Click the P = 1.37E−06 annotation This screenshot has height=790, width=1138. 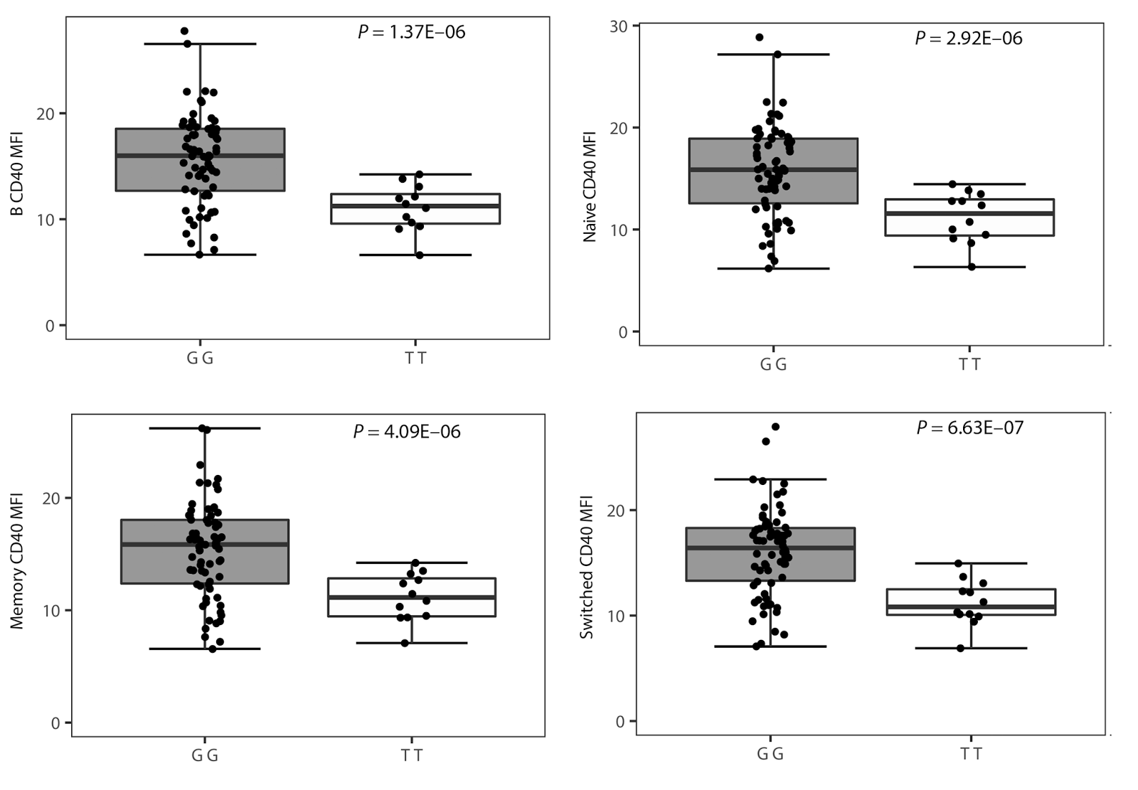pyautogui.click(x=411, y=32)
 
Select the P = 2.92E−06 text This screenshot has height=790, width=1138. pyautogui.click(x=968, y=38)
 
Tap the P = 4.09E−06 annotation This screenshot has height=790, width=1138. pyautogui.click(x=407, y=432)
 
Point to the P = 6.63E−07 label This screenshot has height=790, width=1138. pyautogui.click(x=969, y=427)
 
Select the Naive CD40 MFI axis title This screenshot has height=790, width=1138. pyautogui.click(x=590, y=186)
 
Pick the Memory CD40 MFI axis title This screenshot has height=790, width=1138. pyautogui.click(x=18, y=561)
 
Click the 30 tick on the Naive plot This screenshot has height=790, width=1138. pyautogui.click(x=619, y=26)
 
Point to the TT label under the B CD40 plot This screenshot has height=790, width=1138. pyautogui.click(x=416, y=358)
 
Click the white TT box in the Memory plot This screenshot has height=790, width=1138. pyautogui.click(x=412, y=597)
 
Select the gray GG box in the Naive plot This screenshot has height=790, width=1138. pyautogui.click(x=773, y=171)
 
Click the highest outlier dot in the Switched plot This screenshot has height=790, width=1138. pyautogui.click(x=776, y=427)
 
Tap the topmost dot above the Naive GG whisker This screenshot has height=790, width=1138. pyautogui.click(x=760, y=37)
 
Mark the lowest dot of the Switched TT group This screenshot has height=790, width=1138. pyautogui.click(x=961, y=648)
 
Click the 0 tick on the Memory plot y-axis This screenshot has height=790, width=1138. pyautogui.click(x=56, y=723)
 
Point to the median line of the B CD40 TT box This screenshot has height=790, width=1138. pyautogui.click(x=416, y=205)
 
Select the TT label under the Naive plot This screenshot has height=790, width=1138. pyautogui.click(x=969, y=365)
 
